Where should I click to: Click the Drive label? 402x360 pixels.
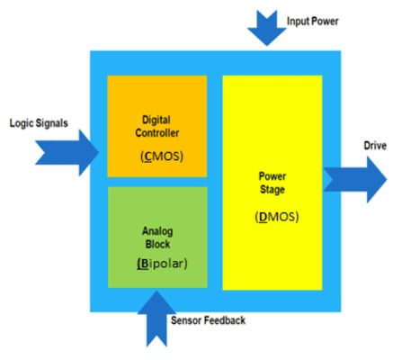coord(375,146)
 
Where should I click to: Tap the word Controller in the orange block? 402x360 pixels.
coord(157,132)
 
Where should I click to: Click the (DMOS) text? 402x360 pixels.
coord(277,217)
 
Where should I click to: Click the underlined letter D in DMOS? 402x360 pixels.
coord(262,217)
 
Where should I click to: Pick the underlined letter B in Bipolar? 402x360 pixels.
coord(143,265)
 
